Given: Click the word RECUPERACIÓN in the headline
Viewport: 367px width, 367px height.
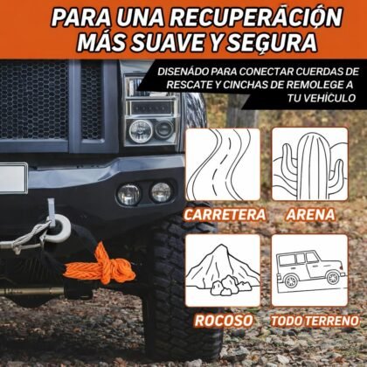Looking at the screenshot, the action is pyautogui.click(x=256, y=17).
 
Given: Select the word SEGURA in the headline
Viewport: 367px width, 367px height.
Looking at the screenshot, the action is pyautogui.click(x=272, y=43).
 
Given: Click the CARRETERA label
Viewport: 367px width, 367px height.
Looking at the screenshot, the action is pyautogui.click(x=225, y=215).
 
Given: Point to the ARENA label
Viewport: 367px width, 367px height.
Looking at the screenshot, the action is pyautogui.click(x=310, y=215).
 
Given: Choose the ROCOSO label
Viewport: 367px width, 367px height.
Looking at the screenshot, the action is pyautogui.click(x=224, y=321).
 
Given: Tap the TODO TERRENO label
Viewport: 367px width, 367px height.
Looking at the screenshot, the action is pyautogui.click(x=315, y=321).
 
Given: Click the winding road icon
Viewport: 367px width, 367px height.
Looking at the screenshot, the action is pyautogui.click(x=223, y=164).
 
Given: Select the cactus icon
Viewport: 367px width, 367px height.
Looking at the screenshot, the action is pyautogui.click(x=309, y=164).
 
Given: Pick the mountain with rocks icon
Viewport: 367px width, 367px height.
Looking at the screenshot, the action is pyautogui.click(x=223, y=270).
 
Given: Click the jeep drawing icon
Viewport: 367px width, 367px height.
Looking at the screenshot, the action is pyautogui.click(x=309, y=270).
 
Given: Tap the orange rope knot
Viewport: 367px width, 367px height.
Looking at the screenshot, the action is pyautogui.click(x=100, y=266).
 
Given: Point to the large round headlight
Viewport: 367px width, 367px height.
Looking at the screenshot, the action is pyautogui.click(x=141, y=131).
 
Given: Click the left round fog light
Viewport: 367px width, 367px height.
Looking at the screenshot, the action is pyautogui.click(x=128, y=194).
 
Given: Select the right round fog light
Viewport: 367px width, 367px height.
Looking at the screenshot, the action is pyautogui.click(x=161, y=192).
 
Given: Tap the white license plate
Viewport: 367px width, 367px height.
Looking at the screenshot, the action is pyautogui.click(x=13, y=177).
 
